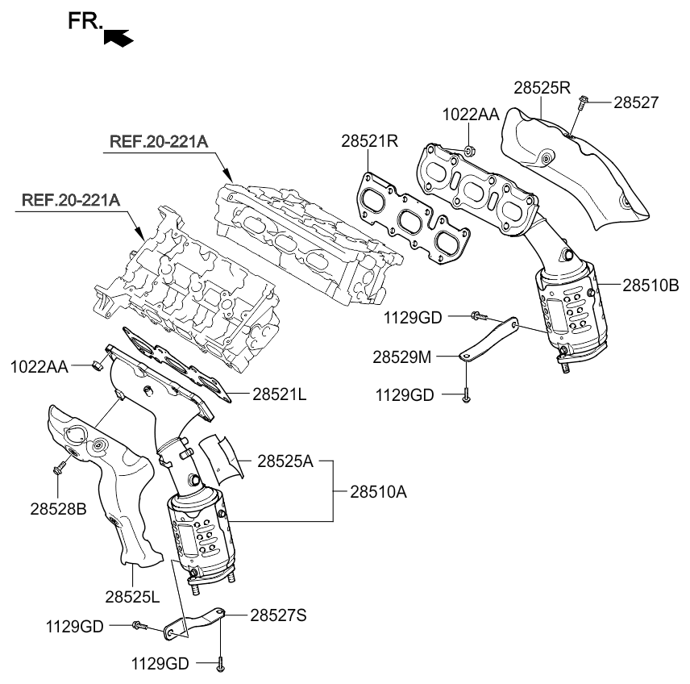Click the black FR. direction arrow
(118, 36)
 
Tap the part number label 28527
(636, 102)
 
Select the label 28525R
(542, 88)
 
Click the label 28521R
(370, 141)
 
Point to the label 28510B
(651, 285)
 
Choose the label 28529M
(401, 355)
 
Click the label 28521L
(279, 394)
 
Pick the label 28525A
(285, 462)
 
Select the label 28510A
(378, 490)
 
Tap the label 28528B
(59, 510)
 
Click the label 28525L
(132, 597)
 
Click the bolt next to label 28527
(583, 102)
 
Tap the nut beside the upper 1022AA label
(470, 150)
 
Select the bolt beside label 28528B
(59, 466)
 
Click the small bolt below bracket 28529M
(466, 394)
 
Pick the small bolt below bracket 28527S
(220, 664)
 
